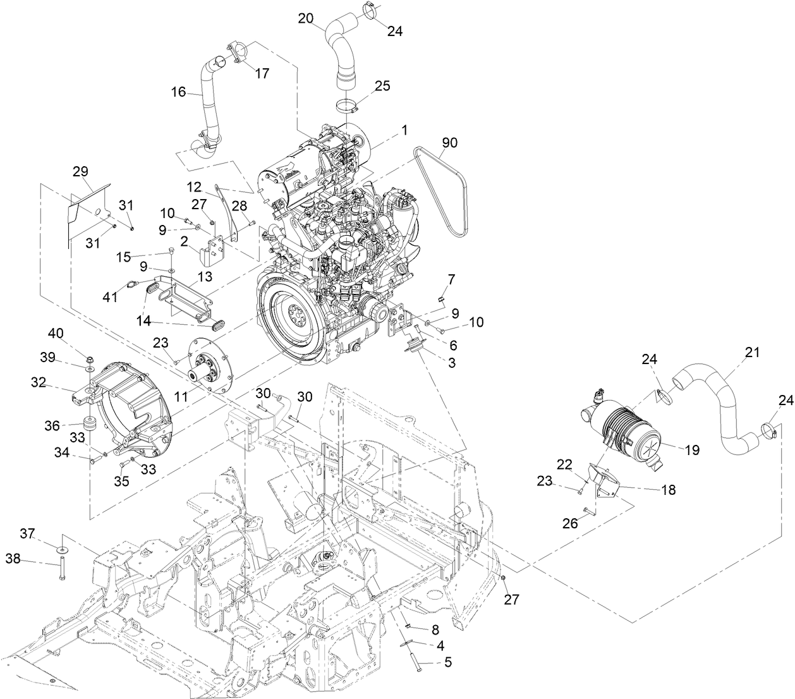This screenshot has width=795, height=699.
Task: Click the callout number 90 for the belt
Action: (449, 143)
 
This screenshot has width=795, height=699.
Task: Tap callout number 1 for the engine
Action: (404, 130)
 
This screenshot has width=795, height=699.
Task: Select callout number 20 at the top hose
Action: (306, 18)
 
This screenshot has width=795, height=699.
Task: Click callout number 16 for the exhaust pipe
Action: (179, 92)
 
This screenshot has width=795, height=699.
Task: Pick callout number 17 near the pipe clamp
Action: (262, 74)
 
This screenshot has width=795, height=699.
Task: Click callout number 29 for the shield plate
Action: (80, 171)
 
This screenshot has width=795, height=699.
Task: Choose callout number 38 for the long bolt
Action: (14, 558)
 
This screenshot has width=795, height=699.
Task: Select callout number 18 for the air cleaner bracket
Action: (667, 490)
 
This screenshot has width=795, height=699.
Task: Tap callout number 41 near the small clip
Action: (111, 296)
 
